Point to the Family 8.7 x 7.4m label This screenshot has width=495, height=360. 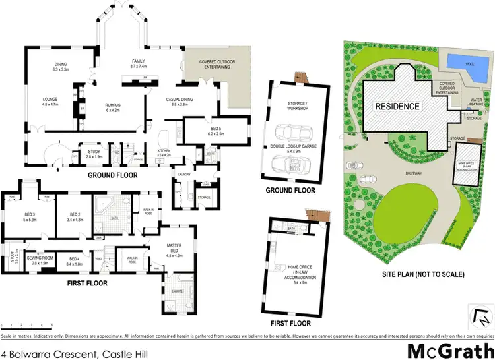tap(139, 64)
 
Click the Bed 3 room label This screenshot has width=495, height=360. tap(29, 216)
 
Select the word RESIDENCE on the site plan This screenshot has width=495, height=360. tap(397, 106)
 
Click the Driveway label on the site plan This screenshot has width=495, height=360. tap(416, 174)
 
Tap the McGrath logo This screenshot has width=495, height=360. tap(451, 349)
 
